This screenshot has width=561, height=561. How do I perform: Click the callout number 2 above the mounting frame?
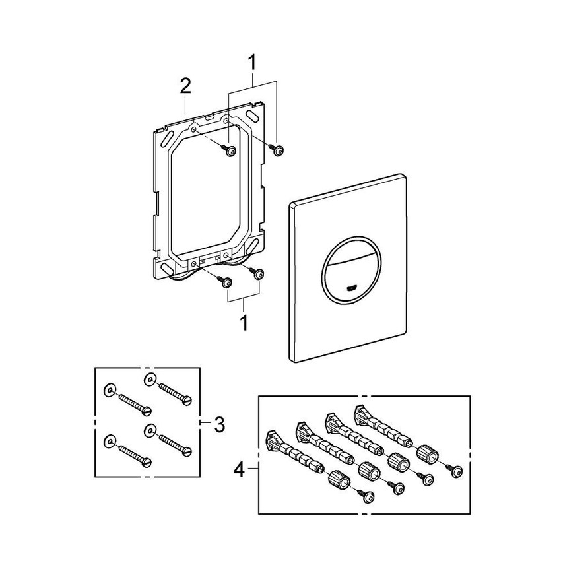tap(185, 86)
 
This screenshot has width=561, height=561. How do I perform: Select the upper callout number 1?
tap(251, 64)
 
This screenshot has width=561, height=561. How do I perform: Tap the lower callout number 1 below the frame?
tap(244, 323)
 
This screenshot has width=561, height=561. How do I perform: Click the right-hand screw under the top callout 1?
tap(279, 151)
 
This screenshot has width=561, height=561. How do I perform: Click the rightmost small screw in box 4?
tap(456, 470)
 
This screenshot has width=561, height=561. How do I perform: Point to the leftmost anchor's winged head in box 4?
tap(272, 436)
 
